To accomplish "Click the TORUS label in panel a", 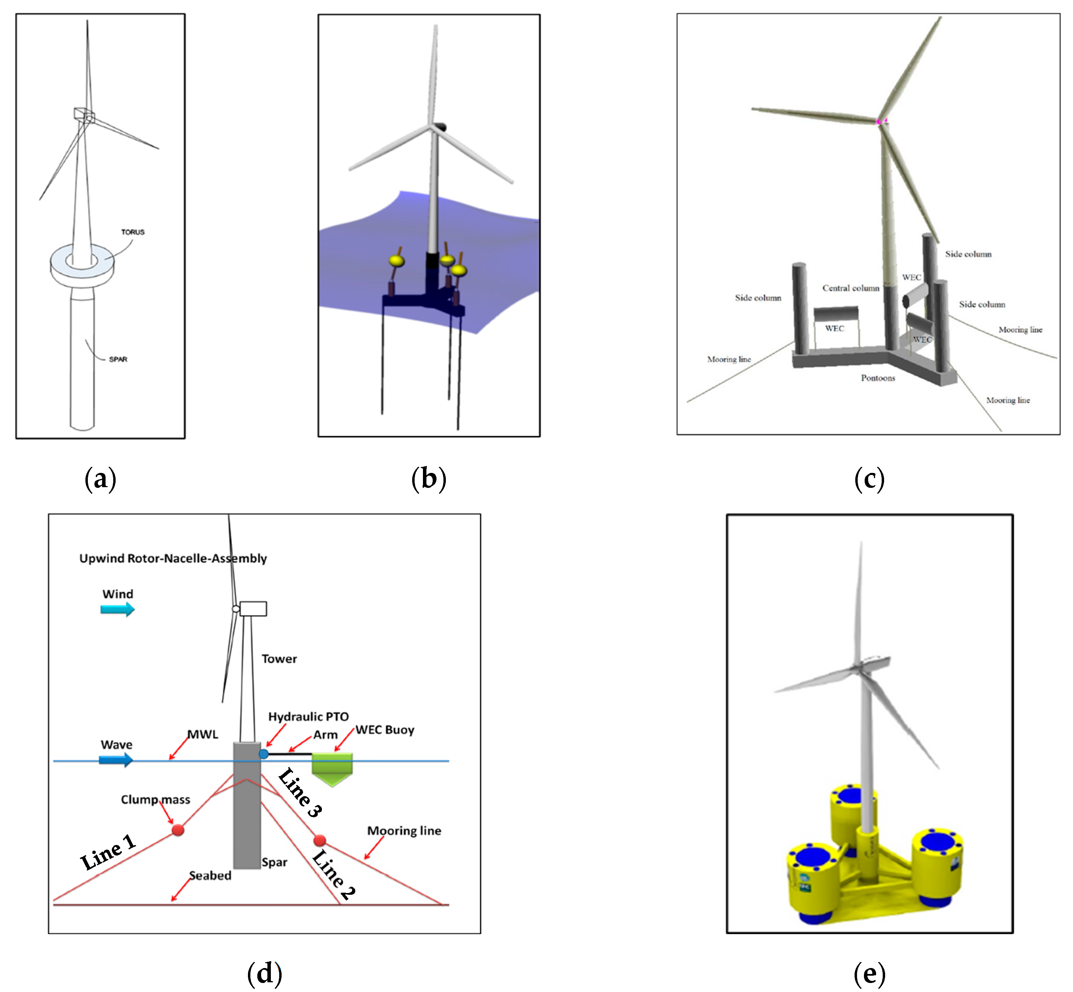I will (x=133, y=232).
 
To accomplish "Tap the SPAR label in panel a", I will (x=118, y=359).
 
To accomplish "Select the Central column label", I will (x=851, y=288).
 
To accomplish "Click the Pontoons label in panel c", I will (x=878, y=378).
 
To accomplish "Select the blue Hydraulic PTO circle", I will (x=264, y=754).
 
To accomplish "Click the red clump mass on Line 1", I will (x=178, y=830).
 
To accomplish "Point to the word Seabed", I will (x=210, y=876).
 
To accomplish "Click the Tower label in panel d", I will (x=279, y=659).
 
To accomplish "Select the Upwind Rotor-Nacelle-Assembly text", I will (x=173, y=558).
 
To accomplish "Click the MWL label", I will (x=202, y=734).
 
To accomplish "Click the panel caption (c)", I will (x=869, y=479).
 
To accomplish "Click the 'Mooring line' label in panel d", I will (x=404, y=831).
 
